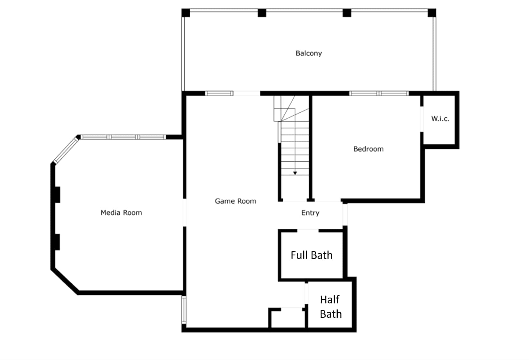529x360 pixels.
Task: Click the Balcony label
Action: (309, 53)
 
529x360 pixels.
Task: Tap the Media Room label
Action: (121, 212)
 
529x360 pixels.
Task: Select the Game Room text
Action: (235, 201)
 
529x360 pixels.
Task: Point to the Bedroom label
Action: (368, 149)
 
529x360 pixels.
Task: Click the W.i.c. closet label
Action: (440, 118)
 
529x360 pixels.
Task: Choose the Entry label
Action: (310, 213)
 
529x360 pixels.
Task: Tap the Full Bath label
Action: (312, 255)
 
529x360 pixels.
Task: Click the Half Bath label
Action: (331, 307)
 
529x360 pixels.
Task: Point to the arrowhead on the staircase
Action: (295, 173)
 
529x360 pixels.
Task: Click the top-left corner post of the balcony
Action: (186, 13)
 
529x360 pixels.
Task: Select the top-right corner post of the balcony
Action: (432, 13)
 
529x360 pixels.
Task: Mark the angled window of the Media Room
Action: (66, 150)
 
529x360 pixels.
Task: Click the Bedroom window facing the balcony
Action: (379, 93)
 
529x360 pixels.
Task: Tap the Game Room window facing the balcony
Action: (219, 93)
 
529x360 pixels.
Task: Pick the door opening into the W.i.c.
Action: (422, 119)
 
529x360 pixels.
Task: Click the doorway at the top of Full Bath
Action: (308, 230)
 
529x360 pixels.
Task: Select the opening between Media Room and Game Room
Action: (185, 212)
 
